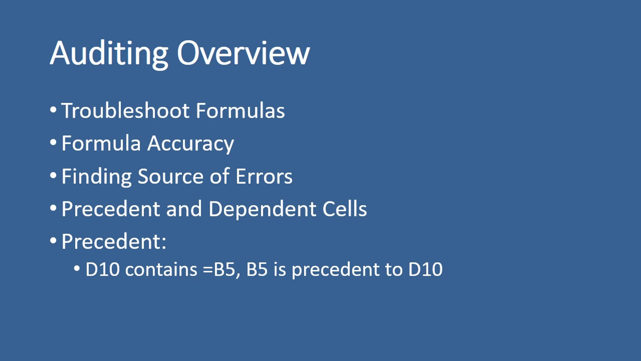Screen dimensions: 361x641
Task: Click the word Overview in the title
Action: click(243, 53)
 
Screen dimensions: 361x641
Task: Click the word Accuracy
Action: click(191, 144)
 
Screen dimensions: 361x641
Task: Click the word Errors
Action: click(264, 176)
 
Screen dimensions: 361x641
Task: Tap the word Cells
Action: click(345, 209)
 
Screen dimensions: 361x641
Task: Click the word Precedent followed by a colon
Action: click(114, 241)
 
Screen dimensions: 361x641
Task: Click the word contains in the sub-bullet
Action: click(161, 269)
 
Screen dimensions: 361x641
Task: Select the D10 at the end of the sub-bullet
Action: click(425, 269)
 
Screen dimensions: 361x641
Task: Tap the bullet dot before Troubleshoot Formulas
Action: click(53, 110)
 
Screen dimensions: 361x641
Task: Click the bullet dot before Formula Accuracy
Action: click(53, 143)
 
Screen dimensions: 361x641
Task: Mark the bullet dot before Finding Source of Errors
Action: click(53, 175)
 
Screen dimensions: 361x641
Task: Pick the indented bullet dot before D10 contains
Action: click(77, 268)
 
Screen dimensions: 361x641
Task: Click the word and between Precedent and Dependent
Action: click(184, 209)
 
